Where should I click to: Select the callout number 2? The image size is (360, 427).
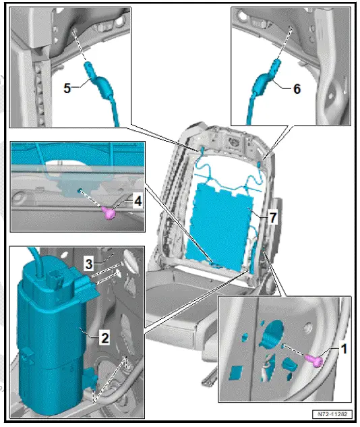[104, 337]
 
